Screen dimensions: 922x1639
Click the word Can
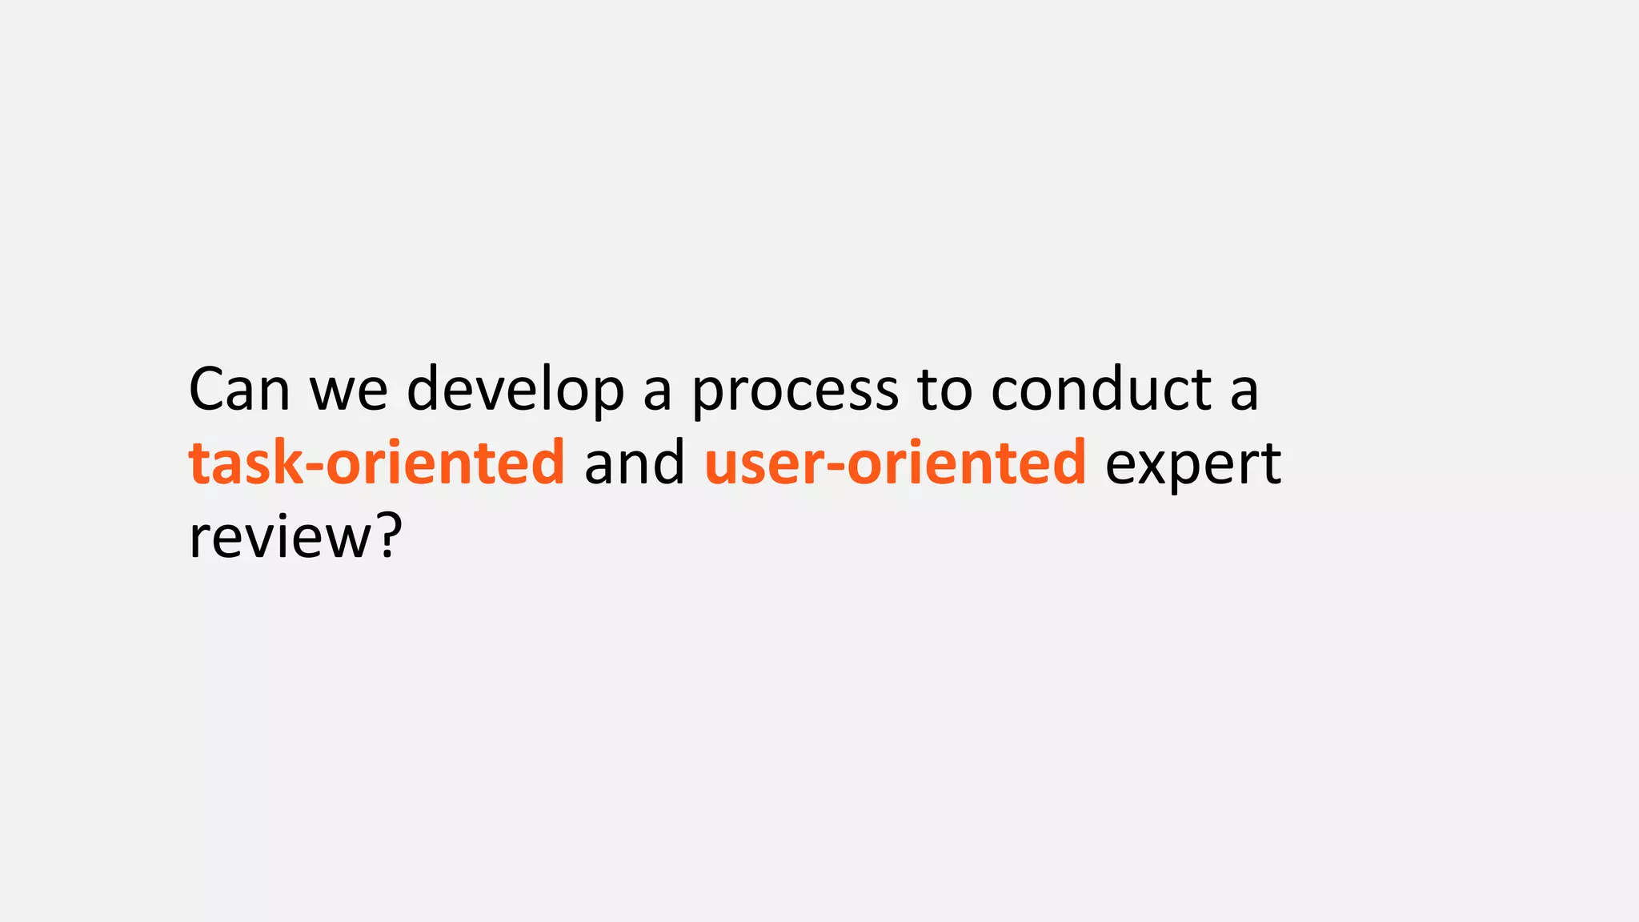coord(238,390)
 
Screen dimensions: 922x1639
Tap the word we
coord(348,390)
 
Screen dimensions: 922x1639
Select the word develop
coord(515,390)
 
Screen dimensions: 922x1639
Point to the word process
coord(795,391)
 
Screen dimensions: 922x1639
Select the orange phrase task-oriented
coord(377,463)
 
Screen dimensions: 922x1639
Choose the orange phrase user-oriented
coord(896,463)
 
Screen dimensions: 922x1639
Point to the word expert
coord(1193,464)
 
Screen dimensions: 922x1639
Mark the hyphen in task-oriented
coord(315,466)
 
